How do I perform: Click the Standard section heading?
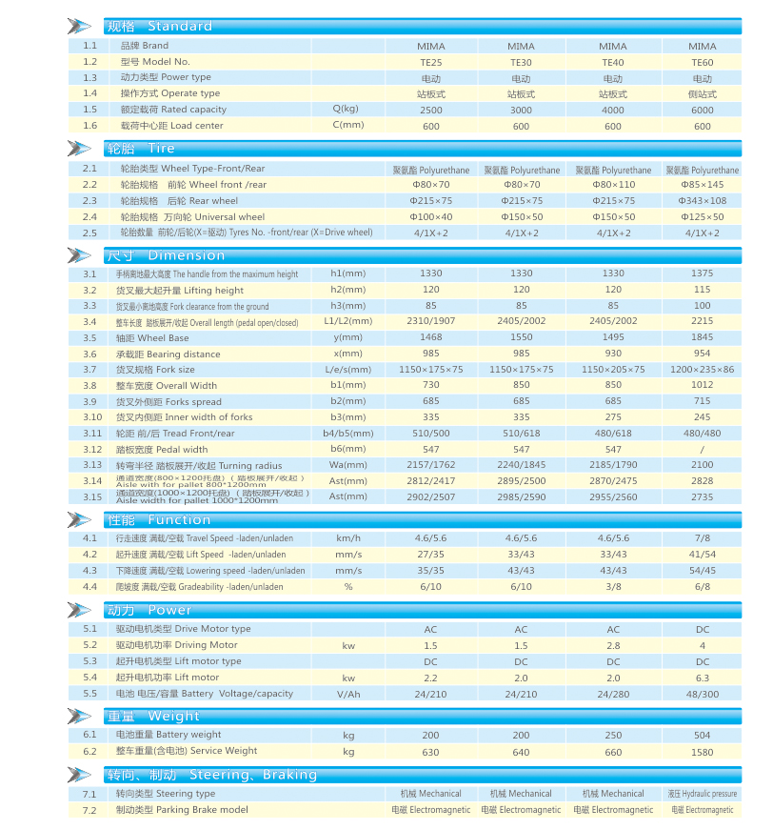coord(159,26)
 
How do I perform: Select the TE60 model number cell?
coord(702,62)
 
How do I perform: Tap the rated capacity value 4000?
coord(612,111)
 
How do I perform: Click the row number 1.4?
coord(90,93)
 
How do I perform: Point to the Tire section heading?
coord(141,149)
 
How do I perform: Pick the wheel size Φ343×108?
coord(702,201)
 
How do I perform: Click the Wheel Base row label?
coord(152,338)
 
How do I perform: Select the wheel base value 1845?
coord(702,338)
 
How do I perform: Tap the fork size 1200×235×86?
coord(702,370)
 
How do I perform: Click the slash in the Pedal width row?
coord(702,450)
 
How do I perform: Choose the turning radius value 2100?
coord(702,465)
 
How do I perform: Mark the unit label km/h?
coord(348,539)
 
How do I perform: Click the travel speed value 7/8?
coord(702,539)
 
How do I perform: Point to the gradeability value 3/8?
coord(612,587)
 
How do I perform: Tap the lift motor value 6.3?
coord(702,678)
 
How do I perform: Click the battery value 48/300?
coord(702,694)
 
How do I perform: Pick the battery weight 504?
coord(702,736)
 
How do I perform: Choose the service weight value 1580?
coord(702,752)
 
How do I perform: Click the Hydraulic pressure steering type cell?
coord(702,794)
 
